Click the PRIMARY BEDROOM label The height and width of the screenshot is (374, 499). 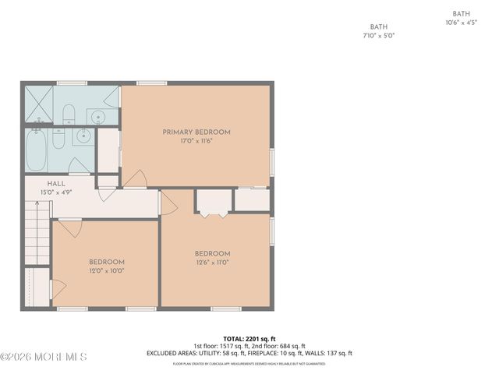click(196, 132)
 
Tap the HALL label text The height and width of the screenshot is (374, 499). click(34, 184)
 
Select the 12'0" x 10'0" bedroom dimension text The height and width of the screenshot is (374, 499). click(106, 270)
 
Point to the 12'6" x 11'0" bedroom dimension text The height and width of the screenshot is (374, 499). click(212, 263)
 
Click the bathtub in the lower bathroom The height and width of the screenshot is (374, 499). click(36, 149)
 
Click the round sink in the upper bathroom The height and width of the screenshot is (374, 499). click(97, 118)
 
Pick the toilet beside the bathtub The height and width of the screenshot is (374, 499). click(59, 141)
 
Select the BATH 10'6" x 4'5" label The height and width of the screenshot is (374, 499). click(461, 18)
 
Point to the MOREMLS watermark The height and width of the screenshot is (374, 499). click(44, 357)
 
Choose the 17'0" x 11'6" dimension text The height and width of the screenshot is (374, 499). click(196, 141)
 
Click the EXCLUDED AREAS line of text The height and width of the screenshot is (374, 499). click(249, 353)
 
